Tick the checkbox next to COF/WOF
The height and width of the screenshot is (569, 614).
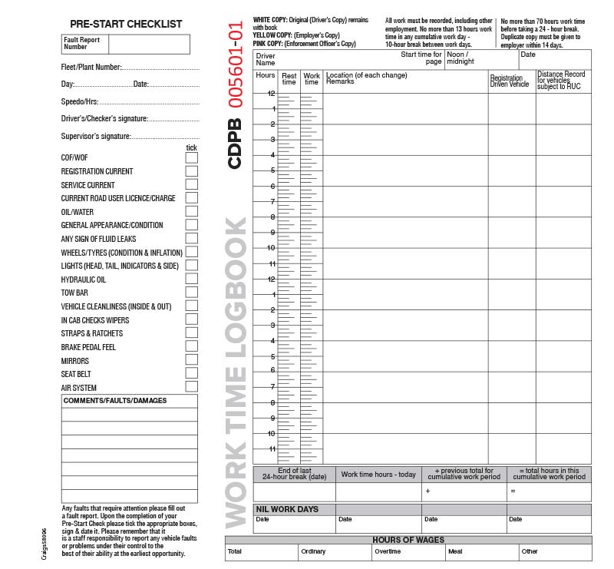pos(191,157)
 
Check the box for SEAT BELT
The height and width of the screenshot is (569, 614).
pos(191,374)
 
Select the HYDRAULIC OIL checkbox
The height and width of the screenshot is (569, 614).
pos(191,280)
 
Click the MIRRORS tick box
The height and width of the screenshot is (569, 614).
pos(191,360)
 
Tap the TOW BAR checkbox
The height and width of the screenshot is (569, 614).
pos(191,293)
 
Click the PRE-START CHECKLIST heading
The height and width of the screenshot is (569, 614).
pos(126,24)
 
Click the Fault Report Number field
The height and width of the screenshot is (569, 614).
pos(150,44)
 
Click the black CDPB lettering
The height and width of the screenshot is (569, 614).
pos(236,144)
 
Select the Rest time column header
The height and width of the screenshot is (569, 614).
pos(289,78)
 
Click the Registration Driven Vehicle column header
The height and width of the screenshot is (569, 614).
pos(510,81)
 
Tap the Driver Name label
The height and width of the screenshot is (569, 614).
pos(266,59)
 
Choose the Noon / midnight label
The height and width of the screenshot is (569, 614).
pos(460,58)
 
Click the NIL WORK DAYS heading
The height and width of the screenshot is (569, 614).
pos(286,509)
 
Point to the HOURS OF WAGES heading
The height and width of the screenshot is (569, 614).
pos(408,540)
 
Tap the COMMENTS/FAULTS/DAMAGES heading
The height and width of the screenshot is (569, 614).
pos(115,400)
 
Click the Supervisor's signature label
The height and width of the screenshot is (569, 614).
pos(96,137)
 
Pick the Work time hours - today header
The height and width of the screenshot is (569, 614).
pos(378,474)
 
